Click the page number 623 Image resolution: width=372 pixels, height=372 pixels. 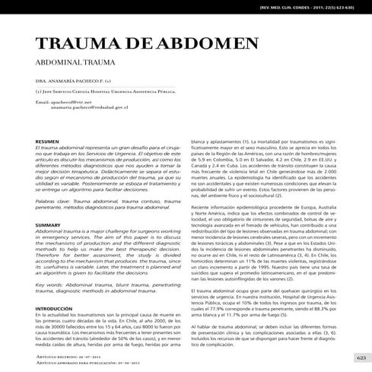pos(360,358)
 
